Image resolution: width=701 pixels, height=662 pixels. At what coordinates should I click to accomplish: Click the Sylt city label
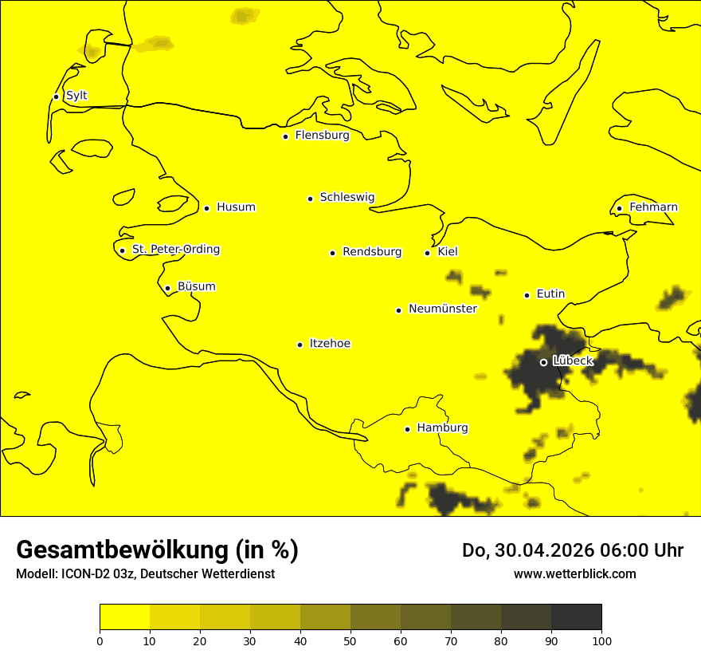(76, 96)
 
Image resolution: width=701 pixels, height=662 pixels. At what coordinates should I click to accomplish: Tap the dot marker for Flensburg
(285, 136)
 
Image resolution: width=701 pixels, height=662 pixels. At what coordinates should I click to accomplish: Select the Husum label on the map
(236, 207)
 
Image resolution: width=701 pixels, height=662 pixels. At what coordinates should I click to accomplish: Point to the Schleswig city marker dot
(310, 199)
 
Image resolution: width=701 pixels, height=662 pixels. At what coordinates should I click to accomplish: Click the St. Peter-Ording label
(176, 250)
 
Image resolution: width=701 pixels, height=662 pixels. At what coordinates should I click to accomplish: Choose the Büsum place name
(196, 287)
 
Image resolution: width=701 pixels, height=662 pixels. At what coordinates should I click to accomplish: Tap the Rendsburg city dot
(332, 253)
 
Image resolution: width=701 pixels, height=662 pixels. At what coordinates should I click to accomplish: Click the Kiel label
(448, 252)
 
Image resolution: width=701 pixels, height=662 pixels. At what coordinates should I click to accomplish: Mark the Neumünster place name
(443, 309)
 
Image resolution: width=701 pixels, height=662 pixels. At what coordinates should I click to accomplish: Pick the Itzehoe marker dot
(300, 345)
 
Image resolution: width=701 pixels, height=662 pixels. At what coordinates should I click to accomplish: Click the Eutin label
(550, 294)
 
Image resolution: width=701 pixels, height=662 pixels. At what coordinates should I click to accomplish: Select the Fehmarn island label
(653, 207)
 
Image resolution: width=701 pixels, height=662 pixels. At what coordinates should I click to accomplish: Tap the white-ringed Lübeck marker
(543, 362)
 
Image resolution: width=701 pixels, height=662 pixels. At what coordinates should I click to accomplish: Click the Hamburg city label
(442, 428)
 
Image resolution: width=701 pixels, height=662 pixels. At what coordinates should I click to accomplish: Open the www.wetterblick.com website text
(574, 573)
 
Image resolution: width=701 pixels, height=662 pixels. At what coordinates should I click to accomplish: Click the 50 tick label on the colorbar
(350, 640)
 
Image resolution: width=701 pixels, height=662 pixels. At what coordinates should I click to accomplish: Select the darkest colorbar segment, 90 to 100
(576, 617)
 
